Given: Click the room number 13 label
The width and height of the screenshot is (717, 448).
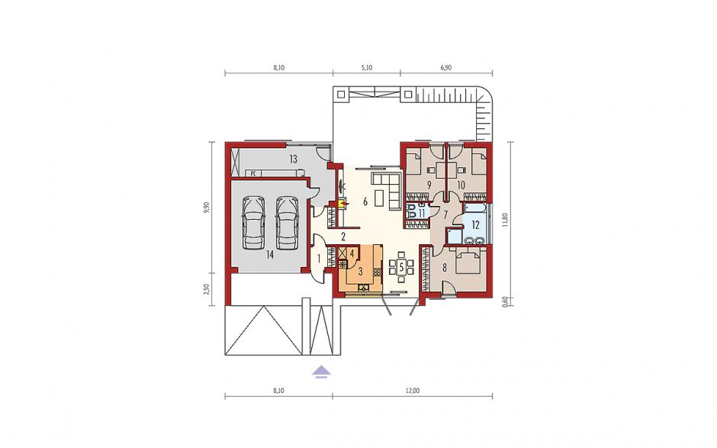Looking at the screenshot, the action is pyautogui.click(x=293, y=160).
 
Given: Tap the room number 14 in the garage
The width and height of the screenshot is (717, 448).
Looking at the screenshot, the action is pyautogui.click(x=269, y=256).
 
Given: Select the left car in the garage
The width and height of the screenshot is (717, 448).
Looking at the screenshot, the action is pyautogui.click(x=253, y=224).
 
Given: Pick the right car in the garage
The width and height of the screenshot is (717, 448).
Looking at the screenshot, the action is pyautogui.click(x=287, y=224).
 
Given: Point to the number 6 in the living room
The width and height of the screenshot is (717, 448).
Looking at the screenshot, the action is pyautogui.click(x=365, y=201).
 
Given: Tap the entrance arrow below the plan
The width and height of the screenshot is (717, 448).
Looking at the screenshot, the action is pyautogui.click(x=321, y=372).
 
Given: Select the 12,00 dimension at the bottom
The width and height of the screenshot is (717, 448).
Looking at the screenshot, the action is pyautogui.click(x=412, y=391).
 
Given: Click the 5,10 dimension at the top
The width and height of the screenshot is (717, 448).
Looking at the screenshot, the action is pyautogui.click(x=367, y=67).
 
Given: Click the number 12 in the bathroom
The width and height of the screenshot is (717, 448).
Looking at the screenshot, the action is pyautogui.click(x=475, y=224).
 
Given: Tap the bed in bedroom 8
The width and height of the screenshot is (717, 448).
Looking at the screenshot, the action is pyautogui.click(x=466, y=261).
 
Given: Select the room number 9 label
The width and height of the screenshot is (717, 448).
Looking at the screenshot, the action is pyautogui.click(x=429, y=185).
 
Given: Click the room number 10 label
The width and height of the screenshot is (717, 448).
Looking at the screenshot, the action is pyautogui.click(x=461, y=185).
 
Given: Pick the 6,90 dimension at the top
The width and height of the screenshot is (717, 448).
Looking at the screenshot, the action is pyautogui.click(x=446, y=67).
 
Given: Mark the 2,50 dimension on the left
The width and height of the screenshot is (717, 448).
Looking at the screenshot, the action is pyautogui.click(x=207, y=290).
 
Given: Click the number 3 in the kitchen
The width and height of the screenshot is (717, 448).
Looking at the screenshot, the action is pyautogui.click(x=360, y=272).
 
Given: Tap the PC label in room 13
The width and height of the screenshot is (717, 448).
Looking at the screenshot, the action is pyautogui.click(x=253, y=173).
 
